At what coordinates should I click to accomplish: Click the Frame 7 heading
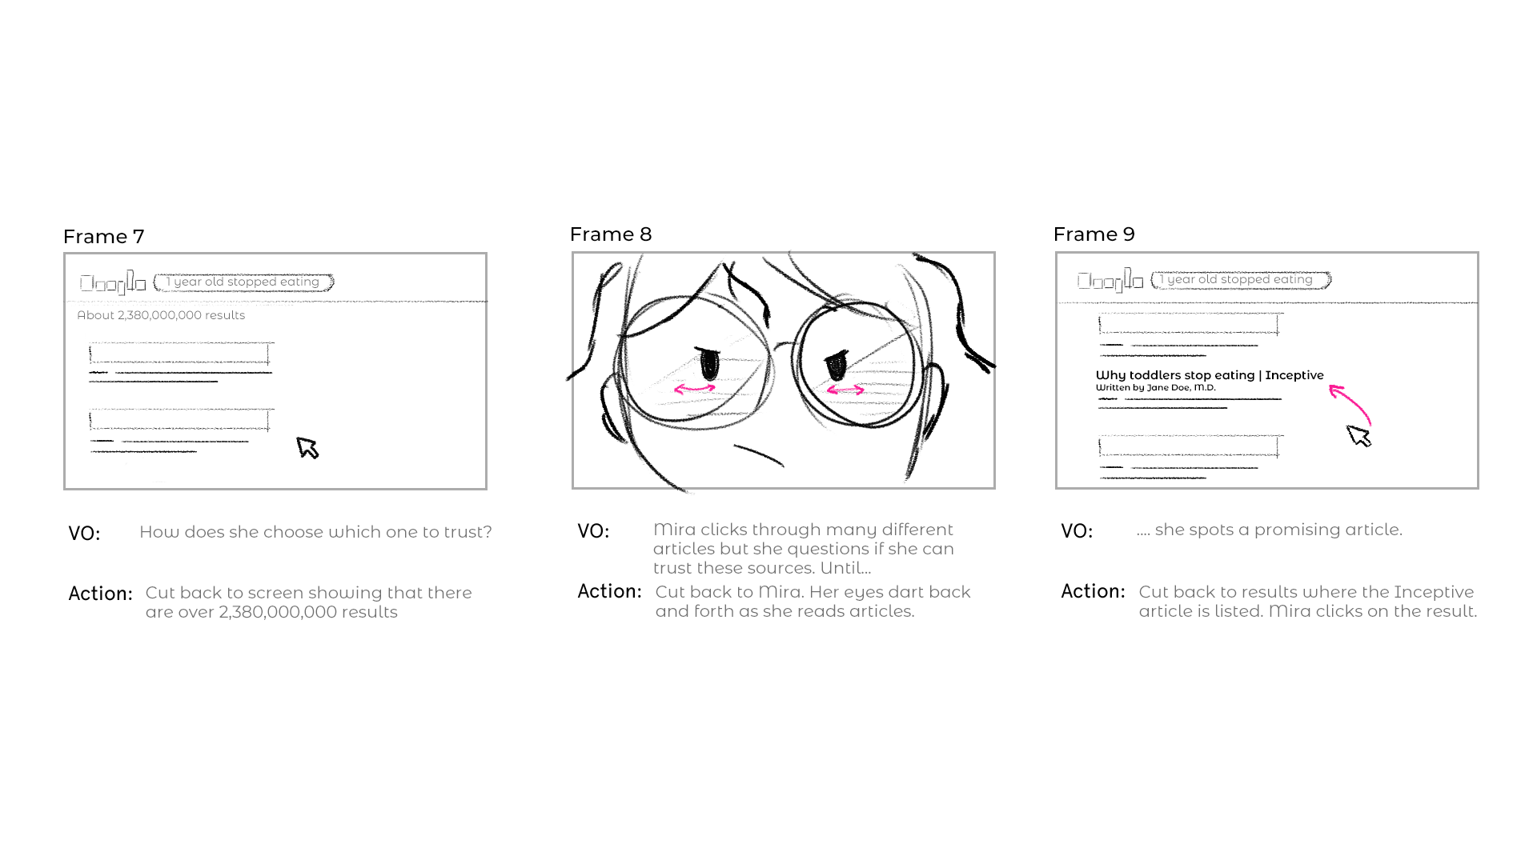click(103, 237)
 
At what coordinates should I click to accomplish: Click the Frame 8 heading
click(610, 234)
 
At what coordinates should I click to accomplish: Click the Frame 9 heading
click(1094, 234)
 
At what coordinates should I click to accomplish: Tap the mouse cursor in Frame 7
click(307, 447)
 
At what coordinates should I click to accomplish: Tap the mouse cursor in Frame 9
click(1358, 436)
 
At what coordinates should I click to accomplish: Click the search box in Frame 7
click(243, 282)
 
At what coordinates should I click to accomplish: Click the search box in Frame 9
click(1240, 279)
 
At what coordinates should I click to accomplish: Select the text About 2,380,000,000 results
click(161, 315)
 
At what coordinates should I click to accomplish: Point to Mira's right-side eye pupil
click(836, 366)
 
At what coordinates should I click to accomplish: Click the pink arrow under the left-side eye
click(694, 389)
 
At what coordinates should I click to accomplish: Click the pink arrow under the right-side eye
click(845, 390)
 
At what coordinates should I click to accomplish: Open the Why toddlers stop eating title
click(1209, 375)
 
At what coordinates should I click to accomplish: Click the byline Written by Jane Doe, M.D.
click(1155, 388)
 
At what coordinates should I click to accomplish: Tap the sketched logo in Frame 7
click(112, 283)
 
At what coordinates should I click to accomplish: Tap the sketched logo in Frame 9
click(1110, 281)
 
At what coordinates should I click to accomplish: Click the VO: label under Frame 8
click(593, 532)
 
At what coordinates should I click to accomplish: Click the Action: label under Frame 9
click(1092, 592)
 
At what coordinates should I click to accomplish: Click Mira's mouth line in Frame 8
click(758, 454)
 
